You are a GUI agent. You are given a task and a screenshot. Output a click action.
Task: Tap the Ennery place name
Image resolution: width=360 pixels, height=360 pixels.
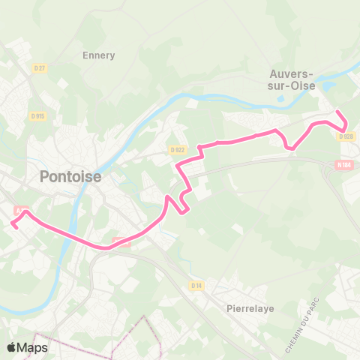point(98,55)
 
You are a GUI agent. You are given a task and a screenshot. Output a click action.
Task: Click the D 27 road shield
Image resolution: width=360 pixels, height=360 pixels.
point(40,68)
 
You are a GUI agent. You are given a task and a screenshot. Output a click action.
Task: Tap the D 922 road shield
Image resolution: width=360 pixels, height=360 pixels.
point(177,149)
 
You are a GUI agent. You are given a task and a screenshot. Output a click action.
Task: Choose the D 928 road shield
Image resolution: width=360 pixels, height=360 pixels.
point(346,136)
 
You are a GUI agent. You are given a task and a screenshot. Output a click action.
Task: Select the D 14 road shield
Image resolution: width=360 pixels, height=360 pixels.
point(196,285)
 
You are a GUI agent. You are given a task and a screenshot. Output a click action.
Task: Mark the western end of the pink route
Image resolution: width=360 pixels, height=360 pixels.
point(13,223)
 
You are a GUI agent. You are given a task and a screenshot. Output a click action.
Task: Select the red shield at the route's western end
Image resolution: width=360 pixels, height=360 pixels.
point(21,211)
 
